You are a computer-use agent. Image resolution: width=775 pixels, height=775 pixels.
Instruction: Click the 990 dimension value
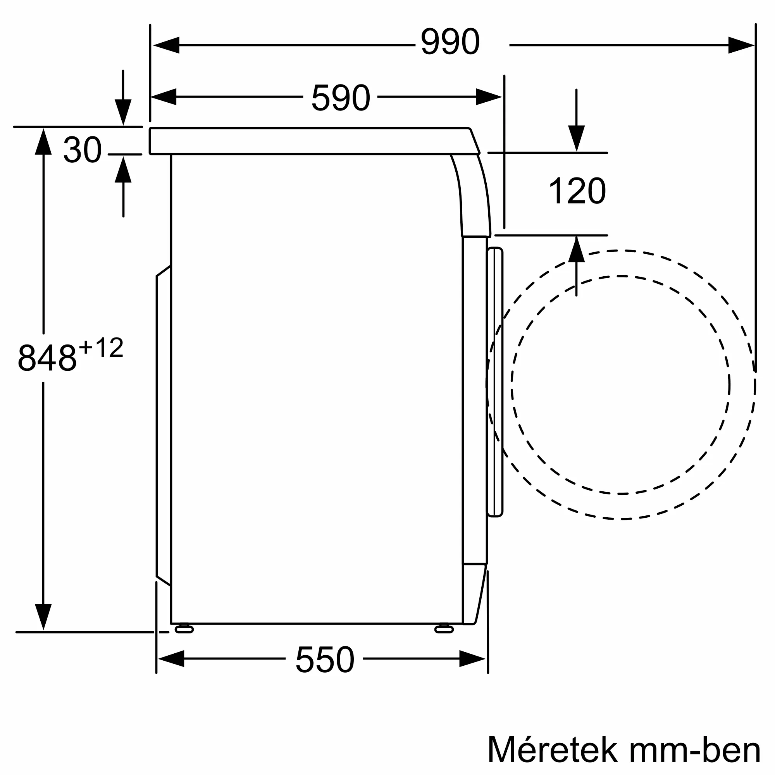(449, 42)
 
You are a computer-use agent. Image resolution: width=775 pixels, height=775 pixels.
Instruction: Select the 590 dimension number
(340, 98)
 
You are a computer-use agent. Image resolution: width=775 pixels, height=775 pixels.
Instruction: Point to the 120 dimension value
(577, 191)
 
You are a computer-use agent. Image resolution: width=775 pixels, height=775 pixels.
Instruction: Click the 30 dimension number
(82, 150)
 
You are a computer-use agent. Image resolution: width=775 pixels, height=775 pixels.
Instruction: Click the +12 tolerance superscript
(101, 347)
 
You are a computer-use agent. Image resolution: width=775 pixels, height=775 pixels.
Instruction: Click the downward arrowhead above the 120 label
(576, 138)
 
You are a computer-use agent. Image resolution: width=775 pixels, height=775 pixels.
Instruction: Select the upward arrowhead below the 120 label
(576, 250)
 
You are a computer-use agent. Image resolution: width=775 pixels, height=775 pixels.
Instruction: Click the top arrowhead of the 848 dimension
(43, 141)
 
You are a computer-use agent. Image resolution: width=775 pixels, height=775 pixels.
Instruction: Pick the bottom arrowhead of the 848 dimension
(43, 617)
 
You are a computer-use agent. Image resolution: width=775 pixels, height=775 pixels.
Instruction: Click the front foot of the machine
(444, 629)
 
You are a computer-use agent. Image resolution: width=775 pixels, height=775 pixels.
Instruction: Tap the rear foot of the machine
(184, 629)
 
